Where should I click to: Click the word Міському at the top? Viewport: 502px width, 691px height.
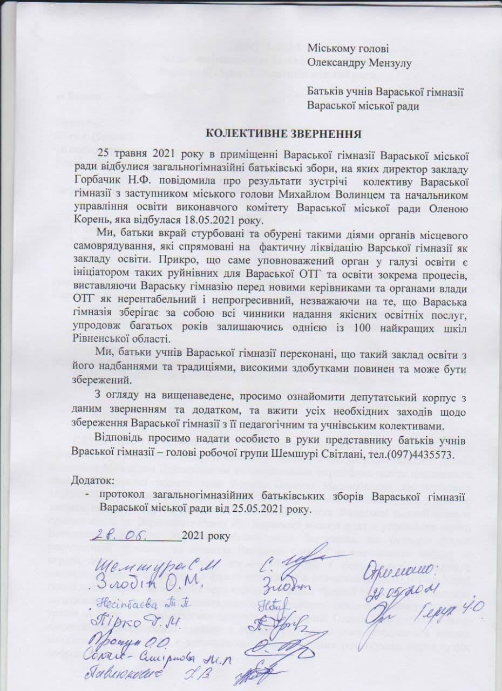(329, 49)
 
